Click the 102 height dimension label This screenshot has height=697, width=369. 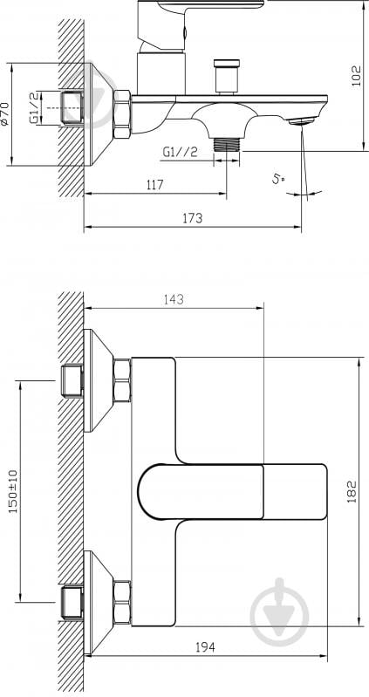click(x=357, y=76)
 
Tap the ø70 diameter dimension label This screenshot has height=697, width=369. click(x=4, y=113)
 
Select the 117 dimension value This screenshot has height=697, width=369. click(x=154, y=184)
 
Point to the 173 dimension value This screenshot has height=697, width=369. click(x=193, y=218)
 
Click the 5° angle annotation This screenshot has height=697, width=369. click(x=279, y=180)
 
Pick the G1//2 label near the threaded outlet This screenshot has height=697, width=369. click(x=180, y=153)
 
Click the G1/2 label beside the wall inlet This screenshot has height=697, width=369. click(x=35, y=108)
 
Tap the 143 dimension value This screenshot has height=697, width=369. click(x=174, y=299)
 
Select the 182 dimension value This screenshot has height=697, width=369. click(x=352, y=492)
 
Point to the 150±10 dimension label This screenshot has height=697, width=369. click(x=13, y=492)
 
